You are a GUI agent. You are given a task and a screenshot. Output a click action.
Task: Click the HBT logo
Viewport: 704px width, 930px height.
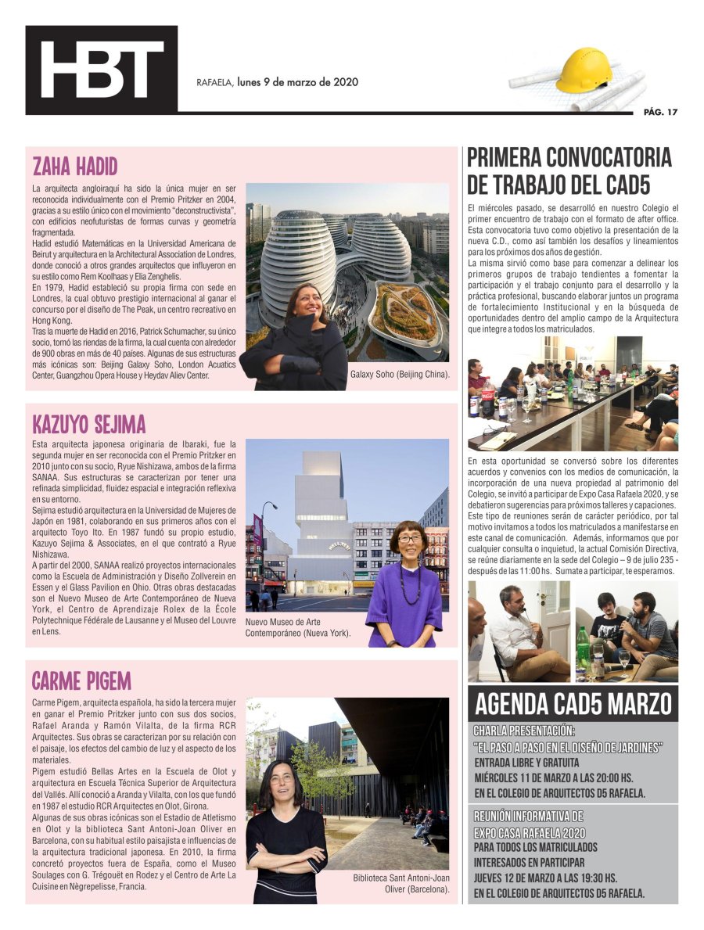click(101, 70)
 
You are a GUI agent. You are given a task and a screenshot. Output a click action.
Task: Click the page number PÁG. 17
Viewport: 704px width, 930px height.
click(660, 112)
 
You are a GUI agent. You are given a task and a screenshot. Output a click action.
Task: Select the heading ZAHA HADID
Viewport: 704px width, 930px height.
click(75, 167)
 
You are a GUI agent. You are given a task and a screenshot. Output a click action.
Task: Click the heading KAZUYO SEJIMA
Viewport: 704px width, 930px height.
click(89, 425)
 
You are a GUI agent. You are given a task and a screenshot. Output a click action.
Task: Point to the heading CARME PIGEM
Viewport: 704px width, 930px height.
click(81, 680)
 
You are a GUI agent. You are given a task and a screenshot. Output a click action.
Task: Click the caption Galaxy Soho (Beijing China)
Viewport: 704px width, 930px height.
click(400, 375)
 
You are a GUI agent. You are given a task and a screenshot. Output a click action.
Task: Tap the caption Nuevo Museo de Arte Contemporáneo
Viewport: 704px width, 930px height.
click(298, 627)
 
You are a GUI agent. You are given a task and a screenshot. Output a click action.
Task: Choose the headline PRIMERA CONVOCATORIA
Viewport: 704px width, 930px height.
click(569, 157)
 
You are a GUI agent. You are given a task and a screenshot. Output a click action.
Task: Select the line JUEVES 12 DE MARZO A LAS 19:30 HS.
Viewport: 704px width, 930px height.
click(544, 878)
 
